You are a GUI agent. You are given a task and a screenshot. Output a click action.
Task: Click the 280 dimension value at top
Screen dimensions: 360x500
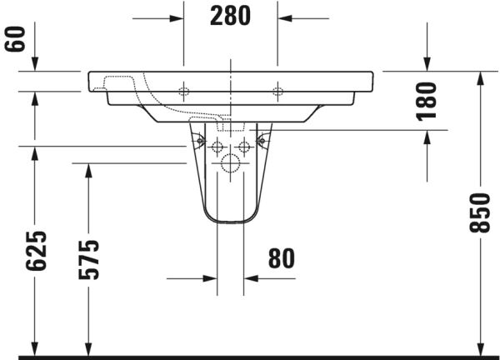point(231,16)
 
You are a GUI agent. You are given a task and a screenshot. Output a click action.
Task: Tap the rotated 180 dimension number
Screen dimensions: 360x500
point(426,101)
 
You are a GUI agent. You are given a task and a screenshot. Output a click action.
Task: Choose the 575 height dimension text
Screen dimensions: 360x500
point(89,258)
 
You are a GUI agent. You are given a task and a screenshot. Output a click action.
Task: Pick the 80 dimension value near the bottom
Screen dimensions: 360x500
point(282,258)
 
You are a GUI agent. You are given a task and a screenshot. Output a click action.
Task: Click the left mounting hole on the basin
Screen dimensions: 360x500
point(184,91)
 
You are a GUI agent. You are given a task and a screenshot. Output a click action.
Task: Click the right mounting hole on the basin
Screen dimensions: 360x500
point(277,91)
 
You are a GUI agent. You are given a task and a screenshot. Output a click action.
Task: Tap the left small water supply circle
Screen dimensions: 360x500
point(217,147)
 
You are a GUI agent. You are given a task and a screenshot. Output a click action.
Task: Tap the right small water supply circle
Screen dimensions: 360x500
point(244,147)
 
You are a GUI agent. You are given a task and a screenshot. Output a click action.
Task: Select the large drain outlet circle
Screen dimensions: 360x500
point(231,163)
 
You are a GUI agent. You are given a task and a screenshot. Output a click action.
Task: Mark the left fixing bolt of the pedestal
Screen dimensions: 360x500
point(198,139)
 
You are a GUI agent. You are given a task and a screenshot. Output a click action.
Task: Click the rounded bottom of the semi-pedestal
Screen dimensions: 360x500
point(231,221)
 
